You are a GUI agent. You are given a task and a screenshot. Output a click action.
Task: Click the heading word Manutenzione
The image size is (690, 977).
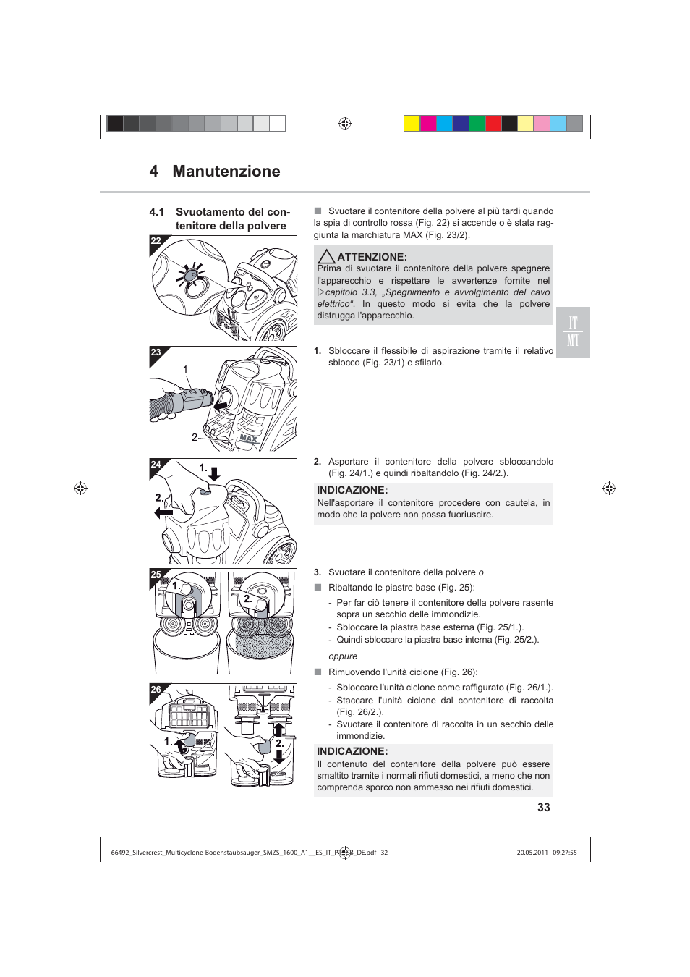[226, 172]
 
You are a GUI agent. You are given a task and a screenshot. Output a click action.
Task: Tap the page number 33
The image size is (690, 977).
[543, 808]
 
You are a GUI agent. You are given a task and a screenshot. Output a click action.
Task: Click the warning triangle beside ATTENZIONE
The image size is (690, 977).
[326, 257]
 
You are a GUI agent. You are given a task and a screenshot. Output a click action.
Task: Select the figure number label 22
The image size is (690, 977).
[156, 241]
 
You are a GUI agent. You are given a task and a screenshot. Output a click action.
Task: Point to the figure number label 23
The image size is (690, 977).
[156, 352]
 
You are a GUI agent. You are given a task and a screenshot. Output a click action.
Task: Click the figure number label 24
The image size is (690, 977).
[156, 465]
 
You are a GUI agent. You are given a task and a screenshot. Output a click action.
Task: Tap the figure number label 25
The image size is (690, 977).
[156, 575]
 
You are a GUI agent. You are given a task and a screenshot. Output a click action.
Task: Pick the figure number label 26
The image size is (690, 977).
[156, 690]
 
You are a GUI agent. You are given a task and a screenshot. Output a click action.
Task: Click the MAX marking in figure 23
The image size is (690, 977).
[248, 439]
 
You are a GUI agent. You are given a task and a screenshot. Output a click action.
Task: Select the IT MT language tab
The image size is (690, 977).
[573, 332]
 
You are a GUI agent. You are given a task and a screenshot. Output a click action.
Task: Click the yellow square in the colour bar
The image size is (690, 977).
[412, 124]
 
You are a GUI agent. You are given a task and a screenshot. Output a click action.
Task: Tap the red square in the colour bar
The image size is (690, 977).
[493, 124]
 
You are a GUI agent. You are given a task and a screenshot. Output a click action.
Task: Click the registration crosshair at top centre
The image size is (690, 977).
[345, 124]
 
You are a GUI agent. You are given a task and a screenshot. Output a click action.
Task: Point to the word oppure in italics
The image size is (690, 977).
[343, 656]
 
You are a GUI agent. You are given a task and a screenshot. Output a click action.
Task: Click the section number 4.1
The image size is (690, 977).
[156, 212]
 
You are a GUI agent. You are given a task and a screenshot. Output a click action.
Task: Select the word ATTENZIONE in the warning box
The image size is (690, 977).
[372, 257]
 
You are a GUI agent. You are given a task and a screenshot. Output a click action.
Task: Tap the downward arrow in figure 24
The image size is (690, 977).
[214, 474]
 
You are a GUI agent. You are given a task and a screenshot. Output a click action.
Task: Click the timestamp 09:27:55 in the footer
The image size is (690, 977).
[565, 853]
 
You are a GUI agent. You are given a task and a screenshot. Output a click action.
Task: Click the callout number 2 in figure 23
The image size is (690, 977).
[194, 437]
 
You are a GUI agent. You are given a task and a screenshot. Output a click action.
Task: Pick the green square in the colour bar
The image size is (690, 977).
[477, 124]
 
